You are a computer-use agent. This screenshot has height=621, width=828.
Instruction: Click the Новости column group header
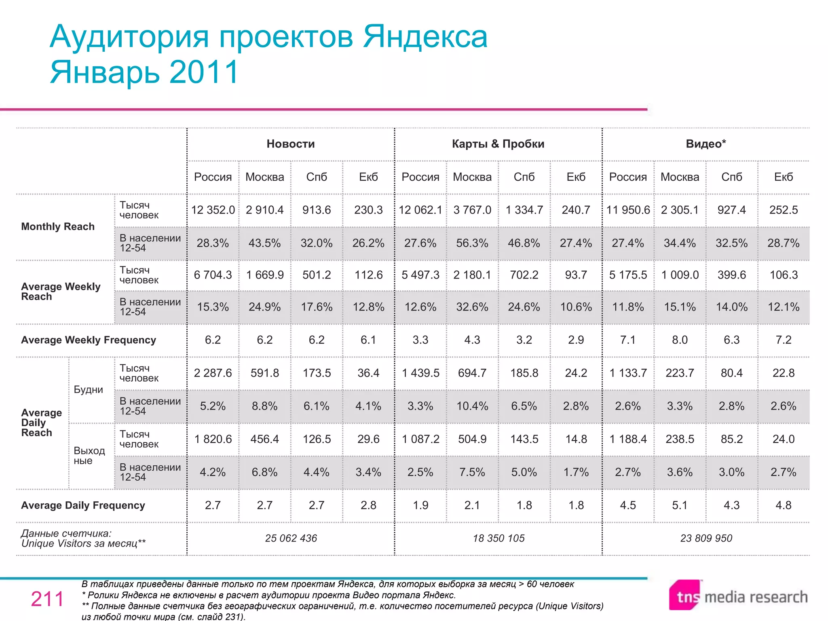pos(290,144)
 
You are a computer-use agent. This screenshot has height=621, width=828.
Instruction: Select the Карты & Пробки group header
pos(498,144)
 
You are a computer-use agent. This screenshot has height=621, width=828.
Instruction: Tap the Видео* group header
pos(705,144)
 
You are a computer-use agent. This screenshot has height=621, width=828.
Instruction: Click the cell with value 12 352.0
pos(213,210)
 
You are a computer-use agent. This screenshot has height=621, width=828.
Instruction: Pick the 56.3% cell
pos(472,243)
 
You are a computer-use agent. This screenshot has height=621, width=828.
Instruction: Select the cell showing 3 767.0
pos(472,210)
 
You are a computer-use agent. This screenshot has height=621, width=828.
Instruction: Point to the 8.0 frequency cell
pos(680,340)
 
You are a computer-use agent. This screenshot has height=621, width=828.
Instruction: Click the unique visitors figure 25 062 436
pos(291,538)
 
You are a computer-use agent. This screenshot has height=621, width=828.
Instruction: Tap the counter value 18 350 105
pos(498,538)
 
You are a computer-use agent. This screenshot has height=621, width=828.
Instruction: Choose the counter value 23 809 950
pos(706,538)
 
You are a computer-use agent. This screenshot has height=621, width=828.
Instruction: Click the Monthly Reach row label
pos(58,226)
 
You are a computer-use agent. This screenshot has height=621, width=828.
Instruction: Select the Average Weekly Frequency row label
pos(88,340)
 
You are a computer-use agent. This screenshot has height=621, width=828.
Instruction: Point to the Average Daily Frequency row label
pos(83,505)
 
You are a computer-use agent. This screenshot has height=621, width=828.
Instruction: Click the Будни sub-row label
pos(88,390)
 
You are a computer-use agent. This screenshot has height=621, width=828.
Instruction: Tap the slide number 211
pos(47,599)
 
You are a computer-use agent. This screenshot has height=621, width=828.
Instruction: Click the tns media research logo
pos(738,596)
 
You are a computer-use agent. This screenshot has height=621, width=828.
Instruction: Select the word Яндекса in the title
pos(425,37)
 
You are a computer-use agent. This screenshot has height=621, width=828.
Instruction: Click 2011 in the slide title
pos(204,72)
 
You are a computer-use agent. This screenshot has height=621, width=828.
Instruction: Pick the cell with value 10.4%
pos(472,406)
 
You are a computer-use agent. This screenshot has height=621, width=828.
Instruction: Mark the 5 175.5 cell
pos(627,275)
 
